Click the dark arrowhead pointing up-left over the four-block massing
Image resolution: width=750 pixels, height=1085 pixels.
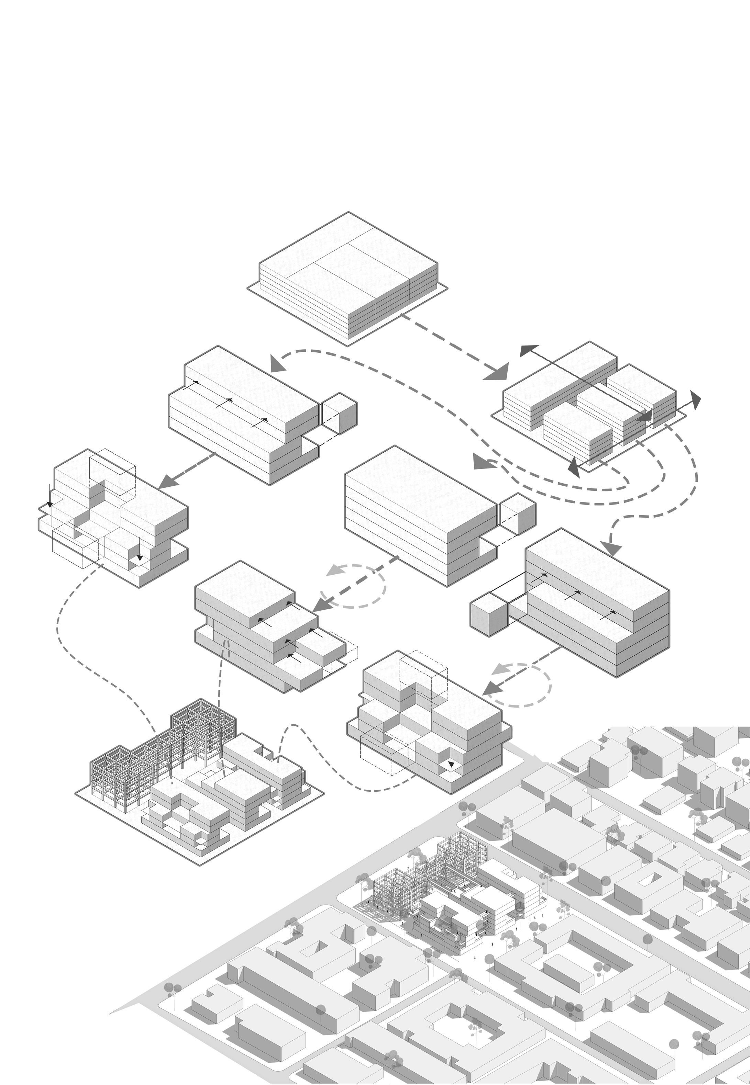[x=529, y=351]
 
